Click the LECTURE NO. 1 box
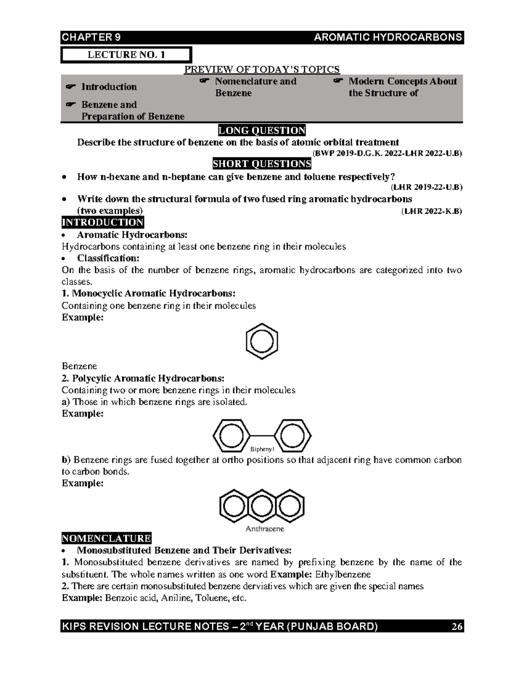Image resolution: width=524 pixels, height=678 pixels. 126,55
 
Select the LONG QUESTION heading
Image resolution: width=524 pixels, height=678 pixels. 262,131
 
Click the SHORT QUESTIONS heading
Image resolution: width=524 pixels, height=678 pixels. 262,164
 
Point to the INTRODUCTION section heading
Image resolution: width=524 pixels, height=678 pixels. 103,223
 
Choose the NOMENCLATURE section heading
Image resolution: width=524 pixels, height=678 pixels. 107,538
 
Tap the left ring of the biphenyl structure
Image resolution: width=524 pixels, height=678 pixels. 231,436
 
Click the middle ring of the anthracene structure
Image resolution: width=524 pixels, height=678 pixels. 262,506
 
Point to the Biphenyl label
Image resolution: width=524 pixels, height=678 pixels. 262,449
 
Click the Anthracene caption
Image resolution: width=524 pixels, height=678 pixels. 265,529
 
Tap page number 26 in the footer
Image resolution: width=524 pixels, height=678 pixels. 457,627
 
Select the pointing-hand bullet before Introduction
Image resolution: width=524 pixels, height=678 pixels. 69,87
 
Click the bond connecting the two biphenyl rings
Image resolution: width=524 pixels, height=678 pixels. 262,436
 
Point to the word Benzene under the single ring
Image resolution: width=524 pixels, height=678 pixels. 79,366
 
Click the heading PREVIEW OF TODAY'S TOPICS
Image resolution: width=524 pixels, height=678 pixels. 262,69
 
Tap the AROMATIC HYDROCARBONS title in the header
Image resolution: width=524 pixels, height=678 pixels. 388,38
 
